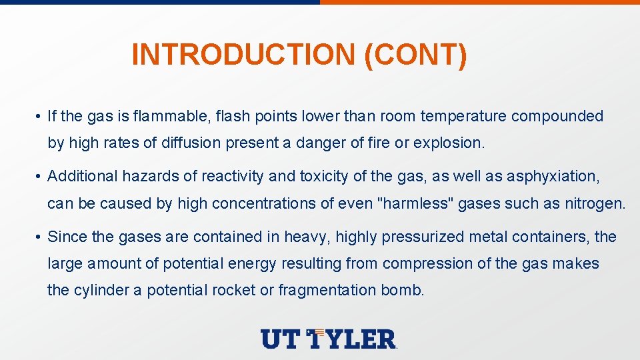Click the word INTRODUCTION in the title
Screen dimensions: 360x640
[244, 55]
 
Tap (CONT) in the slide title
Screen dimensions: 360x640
[416, 55]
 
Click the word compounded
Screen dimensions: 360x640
[557, 117]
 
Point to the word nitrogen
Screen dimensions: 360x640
[598, 203]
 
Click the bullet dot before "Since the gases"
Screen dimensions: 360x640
[41, 237]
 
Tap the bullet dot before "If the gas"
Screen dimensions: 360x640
[41, 117]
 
